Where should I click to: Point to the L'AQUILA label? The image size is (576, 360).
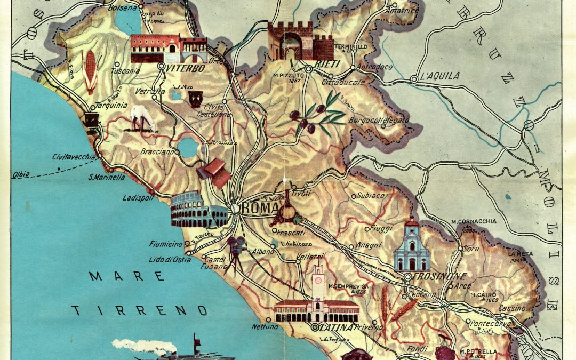(x=439, y=76)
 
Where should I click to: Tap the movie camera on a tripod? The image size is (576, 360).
(x=233, y=253)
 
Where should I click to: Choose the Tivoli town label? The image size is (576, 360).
(x=300, y=194)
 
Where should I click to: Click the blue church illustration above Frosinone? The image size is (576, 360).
(x=412, y=247)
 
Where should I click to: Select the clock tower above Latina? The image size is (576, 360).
(x=318, y=283)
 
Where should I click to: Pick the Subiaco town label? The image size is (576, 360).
(x=371, y=195)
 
